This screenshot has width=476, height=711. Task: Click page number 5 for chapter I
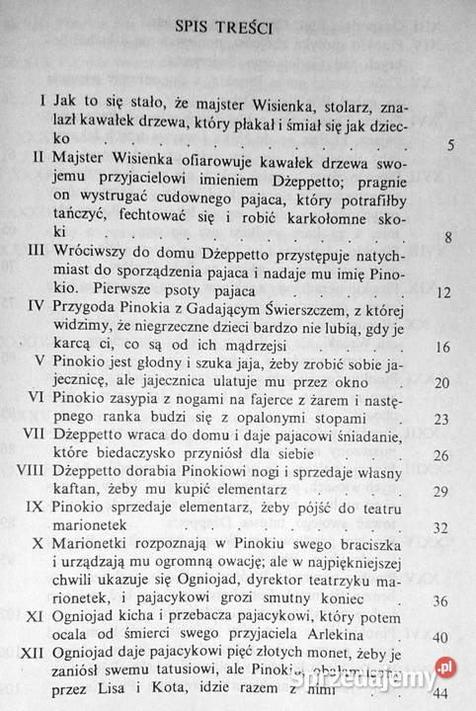449,147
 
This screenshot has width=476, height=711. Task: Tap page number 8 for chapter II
449,236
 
